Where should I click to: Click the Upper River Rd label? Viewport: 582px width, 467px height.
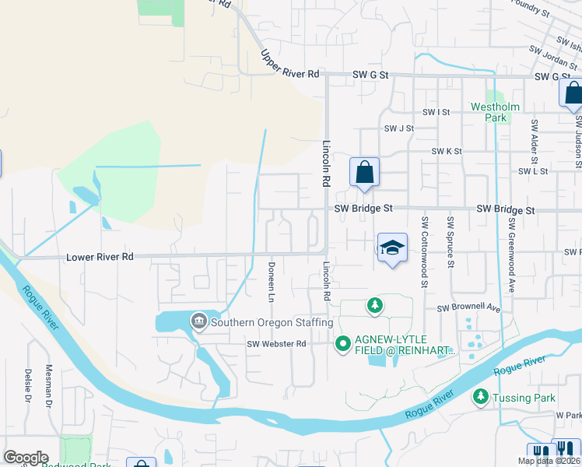point(290,64)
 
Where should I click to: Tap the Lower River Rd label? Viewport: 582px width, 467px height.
point(100,256)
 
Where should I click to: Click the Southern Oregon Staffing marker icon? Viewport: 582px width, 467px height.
point(198,321)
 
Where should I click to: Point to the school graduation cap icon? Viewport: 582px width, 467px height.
point(392,248)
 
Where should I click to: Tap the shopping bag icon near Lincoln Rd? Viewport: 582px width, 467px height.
point(363,173)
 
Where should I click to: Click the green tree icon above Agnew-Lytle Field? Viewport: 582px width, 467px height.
point(376,304)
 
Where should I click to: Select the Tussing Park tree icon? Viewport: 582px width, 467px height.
point(480,398)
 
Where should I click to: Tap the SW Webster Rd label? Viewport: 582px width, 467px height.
point(278,343)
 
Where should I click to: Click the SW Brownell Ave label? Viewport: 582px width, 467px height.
point(468,307)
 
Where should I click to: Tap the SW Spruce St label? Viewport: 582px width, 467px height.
point(450,242)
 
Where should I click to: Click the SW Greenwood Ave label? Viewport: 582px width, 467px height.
point(512,243)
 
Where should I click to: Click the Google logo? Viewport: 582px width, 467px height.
point(26,458)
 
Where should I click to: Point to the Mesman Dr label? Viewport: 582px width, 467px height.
point(48,387)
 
